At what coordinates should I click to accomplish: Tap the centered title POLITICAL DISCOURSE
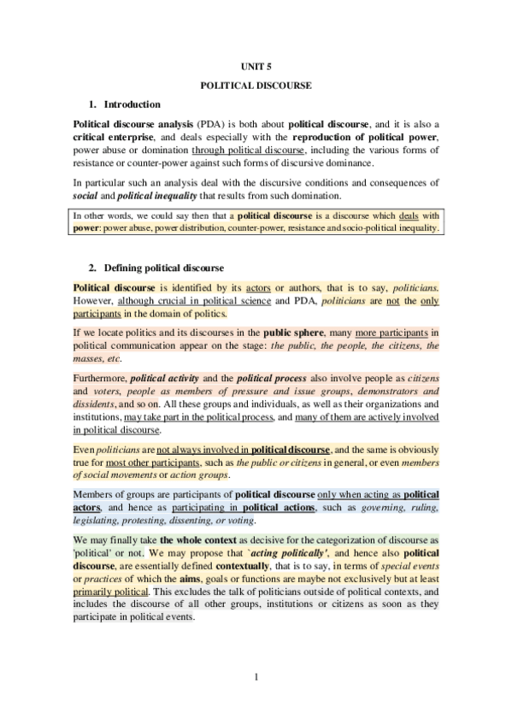click(256, 85)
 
